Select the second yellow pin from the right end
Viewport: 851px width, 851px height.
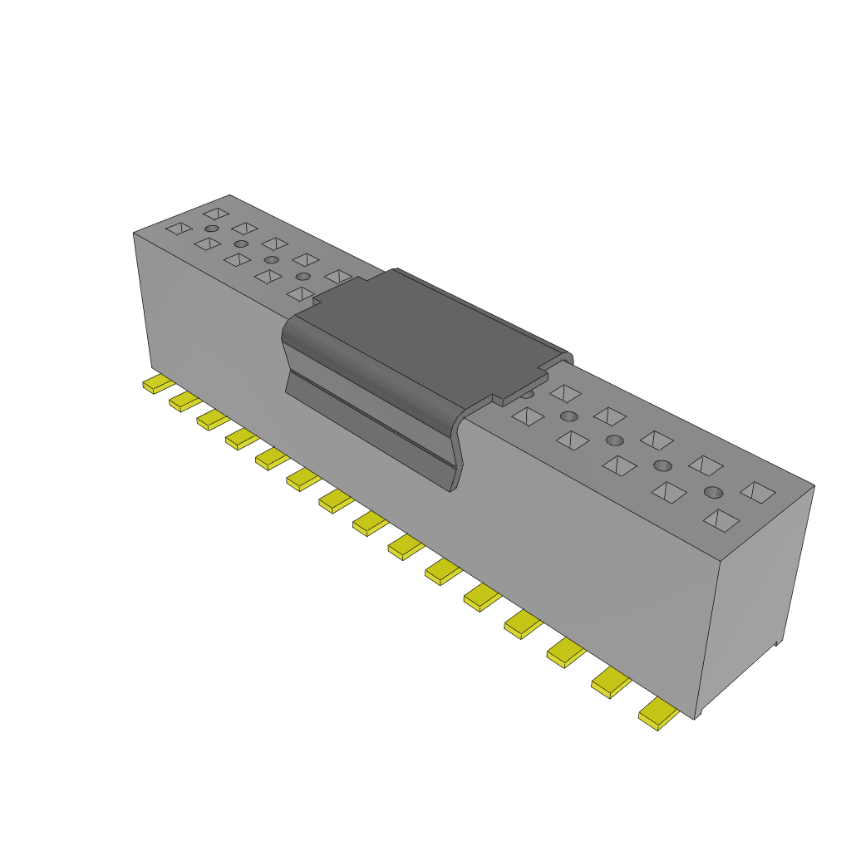click(x=612, y=682)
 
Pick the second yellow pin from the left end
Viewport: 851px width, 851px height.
click(x=184, y=401)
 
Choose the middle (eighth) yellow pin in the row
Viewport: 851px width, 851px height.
click(x=370, y=523)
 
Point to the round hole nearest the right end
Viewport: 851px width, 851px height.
click(x=713, y=493)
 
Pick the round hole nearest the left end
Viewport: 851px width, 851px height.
click(x=212, y=229)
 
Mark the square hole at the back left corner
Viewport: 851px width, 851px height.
click(x=215, y=214)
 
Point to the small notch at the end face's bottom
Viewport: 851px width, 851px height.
click(x=777, y=642)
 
